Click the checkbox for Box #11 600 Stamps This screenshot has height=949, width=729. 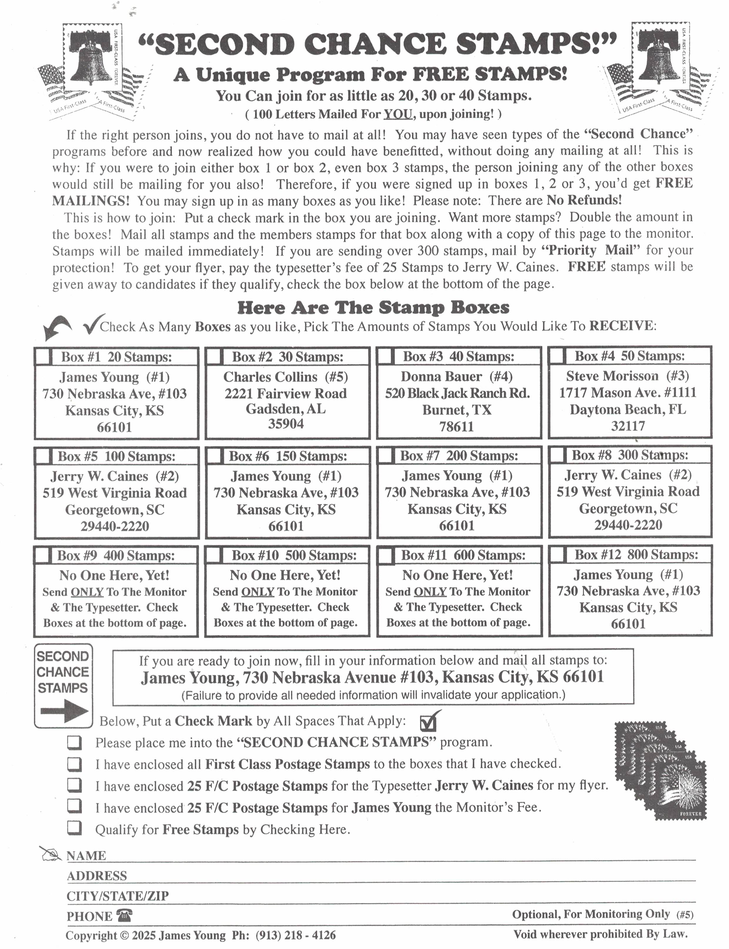point(386,555)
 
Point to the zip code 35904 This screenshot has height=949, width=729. point(286,424)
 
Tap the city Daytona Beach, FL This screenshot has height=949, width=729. point(628,409)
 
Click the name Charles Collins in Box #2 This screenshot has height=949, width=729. point(270,376)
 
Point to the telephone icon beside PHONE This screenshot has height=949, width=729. point(124,915)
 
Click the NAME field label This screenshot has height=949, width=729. point(86,856)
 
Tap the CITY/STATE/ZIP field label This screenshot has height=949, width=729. point(117,896)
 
